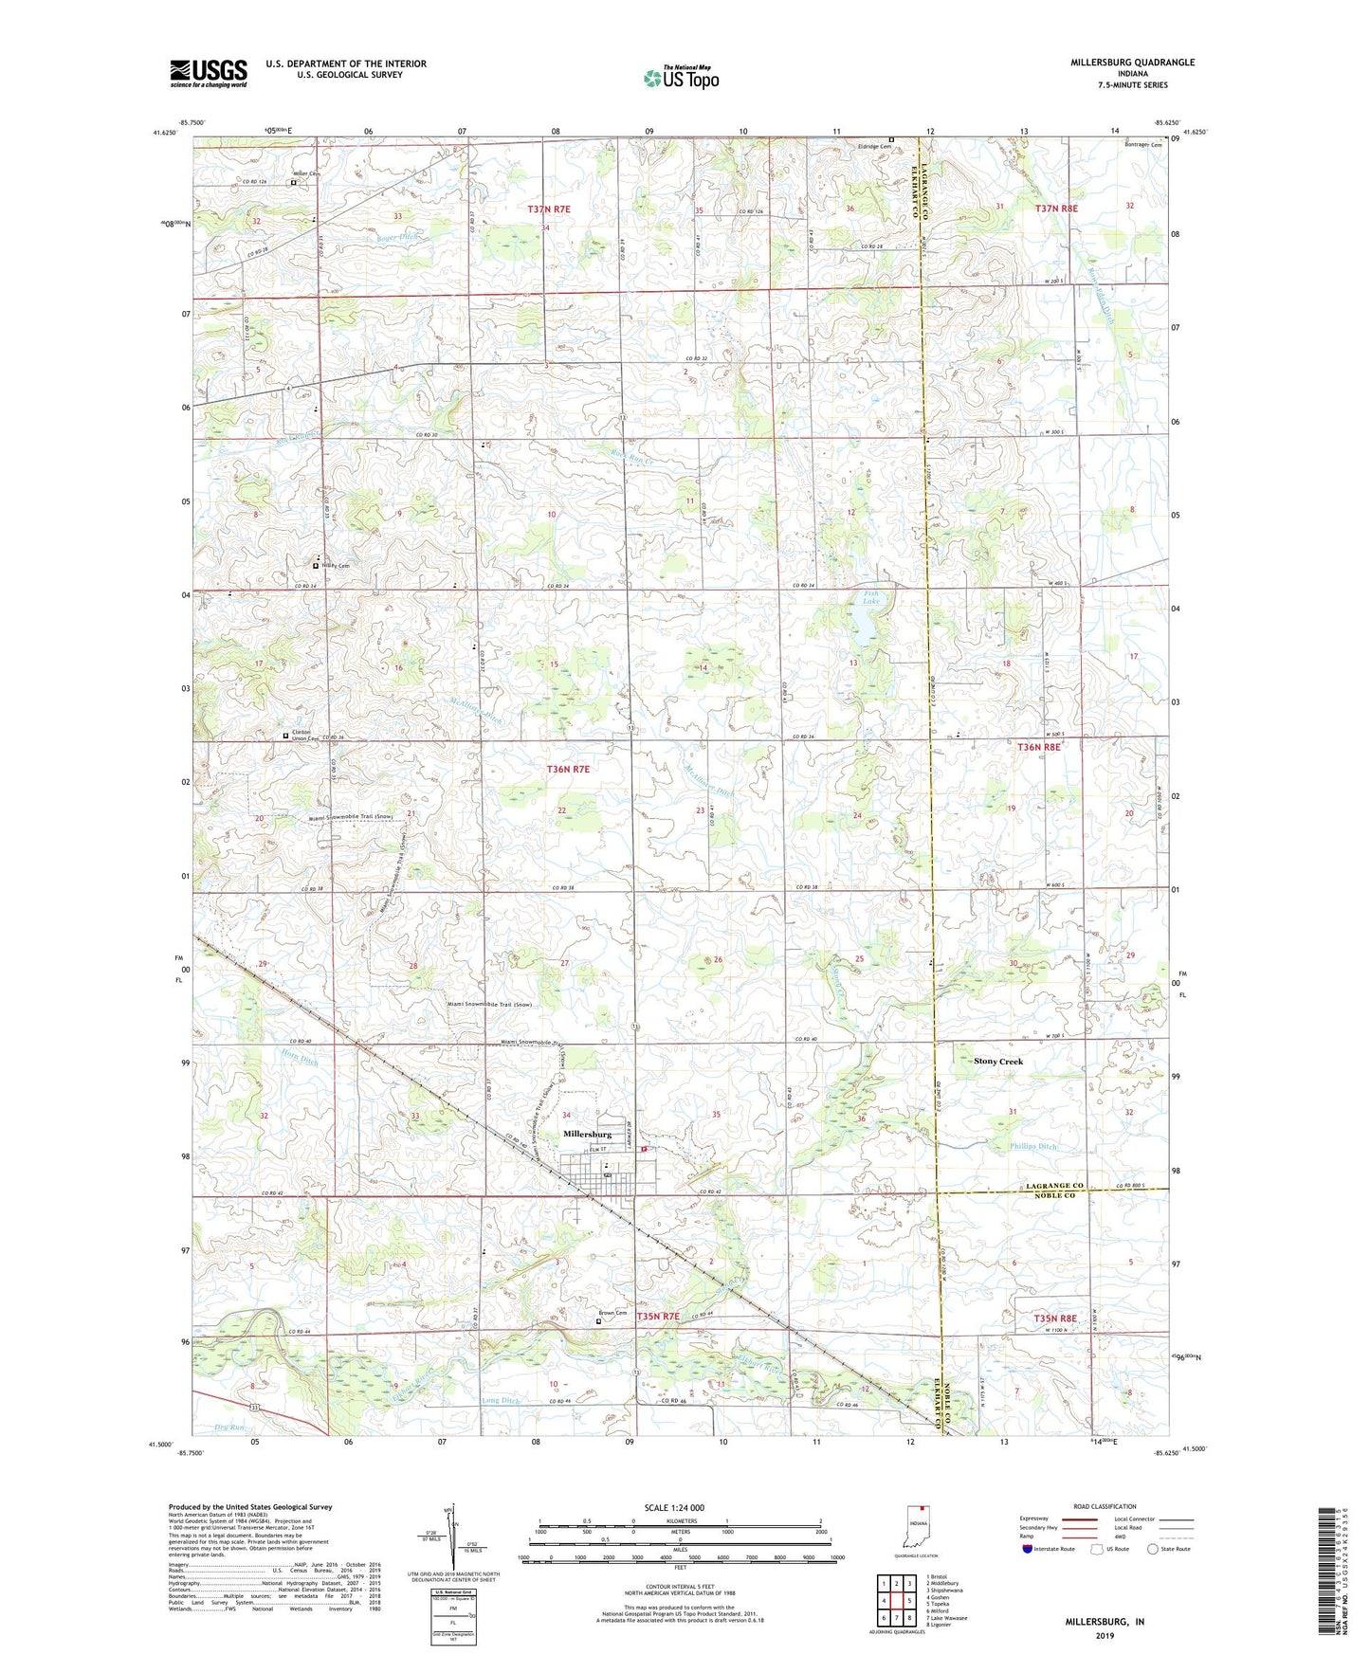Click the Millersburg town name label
tap(587, 1134)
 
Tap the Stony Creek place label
tap(998, 1062)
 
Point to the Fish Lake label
tap(870, 598)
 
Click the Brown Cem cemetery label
tap(612, 1313)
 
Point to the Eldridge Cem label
tap(874, 146)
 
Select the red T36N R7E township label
tap(568, 769)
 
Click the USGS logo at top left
tap(209, 73)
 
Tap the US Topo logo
tap(681, 78)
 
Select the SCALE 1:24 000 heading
tap(674, 1507)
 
